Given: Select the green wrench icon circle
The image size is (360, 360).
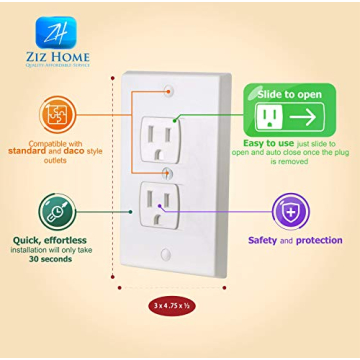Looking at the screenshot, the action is pos(57,209).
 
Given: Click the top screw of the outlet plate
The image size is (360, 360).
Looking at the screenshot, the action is pos(170,88).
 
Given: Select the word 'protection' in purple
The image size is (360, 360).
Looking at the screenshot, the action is pos(320,240).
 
